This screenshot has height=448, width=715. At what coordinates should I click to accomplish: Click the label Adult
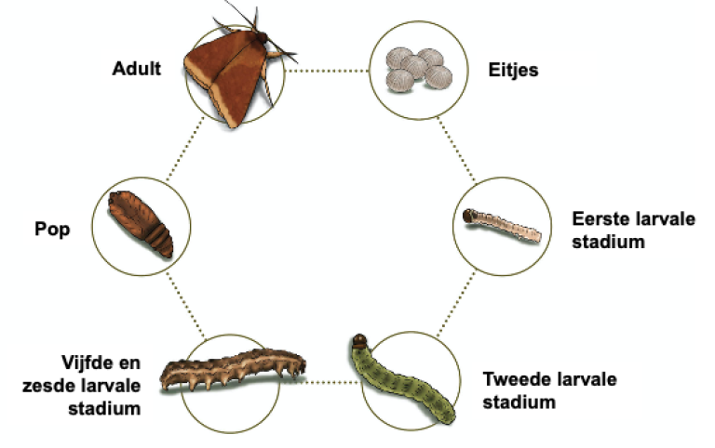coord(136,68)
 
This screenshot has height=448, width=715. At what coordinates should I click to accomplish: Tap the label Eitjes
coord(513,70)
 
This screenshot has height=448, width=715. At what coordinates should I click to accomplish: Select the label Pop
coord(52,229)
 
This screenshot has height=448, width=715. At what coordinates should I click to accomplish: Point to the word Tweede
coord(515,379)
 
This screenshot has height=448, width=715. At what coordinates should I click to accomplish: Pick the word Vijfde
coord(88,362)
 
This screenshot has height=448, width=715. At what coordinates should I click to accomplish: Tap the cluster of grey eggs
coord(419,70)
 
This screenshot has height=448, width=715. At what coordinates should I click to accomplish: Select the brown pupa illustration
coord(141,224)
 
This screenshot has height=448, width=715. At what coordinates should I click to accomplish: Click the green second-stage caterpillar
coord(401,379)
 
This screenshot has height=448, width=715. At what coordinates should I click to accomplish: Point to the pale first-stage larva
coord(502,225)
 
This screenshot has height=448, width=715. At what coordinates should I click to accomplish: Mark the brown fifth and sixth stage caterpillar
coord(234,369)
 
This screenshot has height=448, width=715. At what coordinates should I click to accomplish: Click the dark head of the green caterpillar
coord(359,339)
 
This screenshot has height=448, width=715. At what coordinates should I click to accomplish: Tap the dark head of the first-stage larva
coord(469,216)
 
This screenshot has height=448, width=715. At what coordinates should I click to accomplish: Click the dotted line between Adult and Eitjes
coord(327,71)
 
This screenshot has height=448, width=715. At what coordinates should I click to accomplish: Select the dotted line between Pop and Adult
coord(185,149)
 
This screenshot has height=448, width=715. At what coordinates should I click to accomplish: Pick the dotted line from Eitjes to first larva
coord(456,149)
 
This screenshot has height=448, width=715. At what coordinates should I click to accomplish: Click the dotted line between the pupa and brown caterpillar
coord(185,305)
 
